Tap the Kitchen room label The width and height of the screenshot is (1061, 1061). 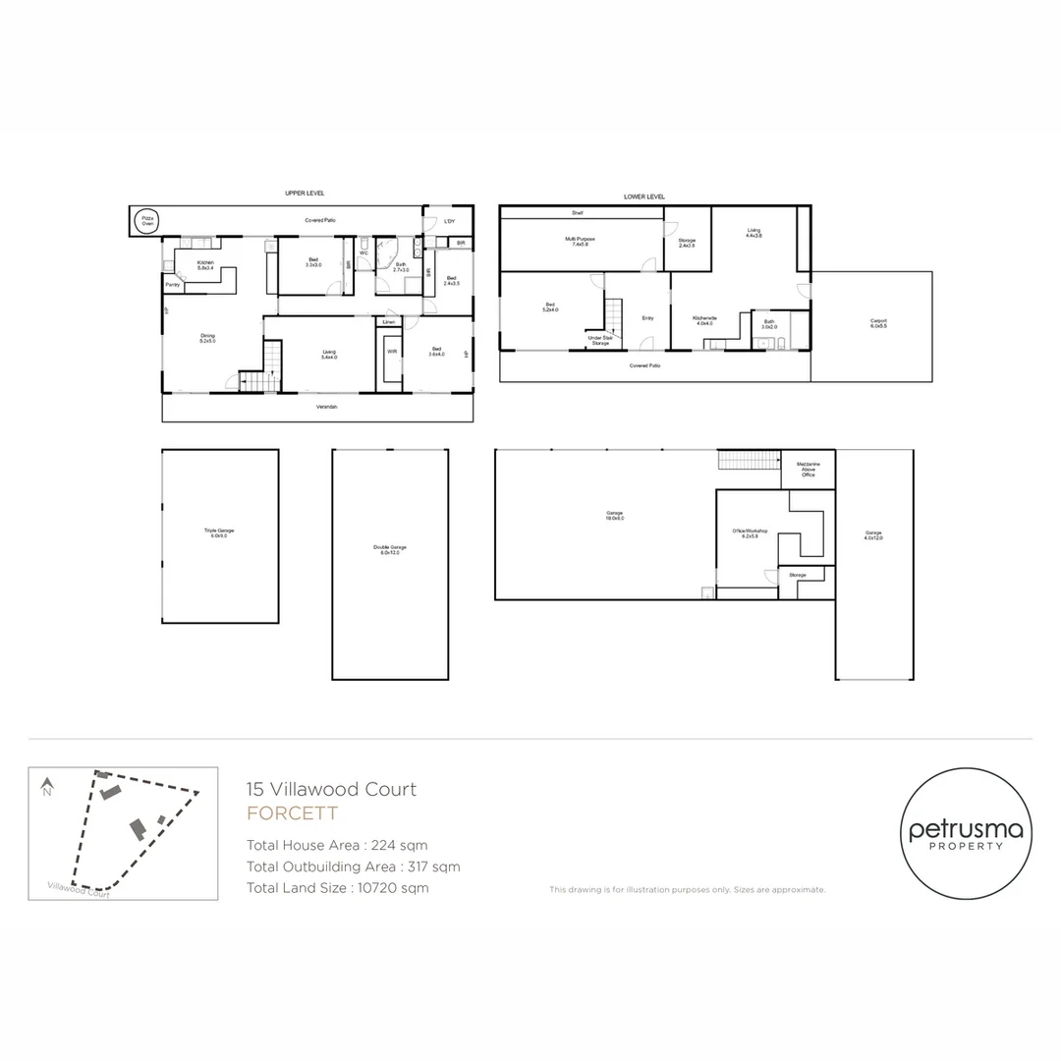coord(205,262)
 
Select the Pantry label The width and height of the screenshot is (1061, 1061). coord(172,285)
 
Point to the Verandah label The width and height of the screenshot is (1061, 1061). coord(327,407)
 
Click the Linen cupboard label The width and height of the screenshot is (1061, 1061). coord(389,321)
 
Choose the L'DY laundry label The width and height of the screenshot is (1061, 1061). coord(449,221)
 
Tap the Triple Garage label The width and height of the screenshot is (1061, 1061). coord(219,532)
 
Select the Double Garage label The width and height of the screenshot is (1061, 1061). coord(390,549)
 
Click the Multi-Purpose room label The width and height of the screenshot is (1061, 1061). coord(580,241)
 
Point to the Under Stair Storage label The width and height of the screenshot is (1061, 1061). coord(600,340)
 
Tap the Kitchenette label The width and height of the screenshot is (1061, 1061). coord(703,319)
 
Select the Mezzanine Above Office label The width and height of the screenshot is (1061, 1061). coord(808,469)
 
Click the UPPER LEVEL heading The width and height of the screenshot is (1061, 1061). coord(305,194)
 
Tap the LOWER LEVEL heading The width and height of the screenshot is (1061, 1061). coord(644,196)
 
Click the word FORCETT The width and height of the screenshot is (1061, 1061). coord(292,813)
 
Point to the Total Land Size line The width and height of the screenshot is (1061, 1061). coord(338,888)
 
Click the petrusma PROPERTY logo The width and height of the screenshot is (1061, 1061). coord(966,834)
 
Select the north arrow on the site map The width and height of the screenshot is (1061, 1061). coord(46,787)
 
